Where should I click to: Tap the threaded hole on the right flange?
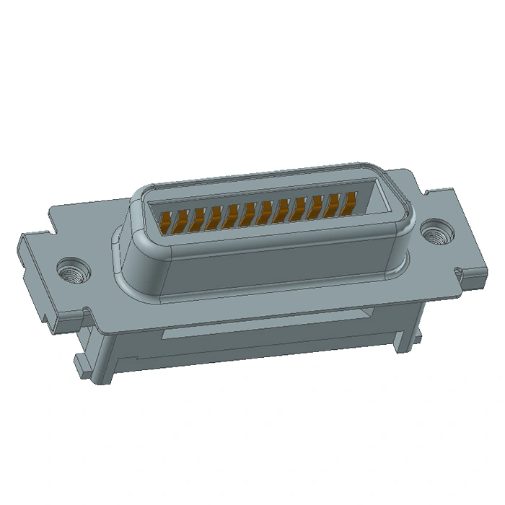pyautogui.click(x=435, y=232)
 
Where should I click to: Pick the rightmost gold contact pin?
pyautogui.click(x=351, y=202)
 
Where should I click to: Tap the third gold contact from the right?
pyautogui.click(x=317, y=206)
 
